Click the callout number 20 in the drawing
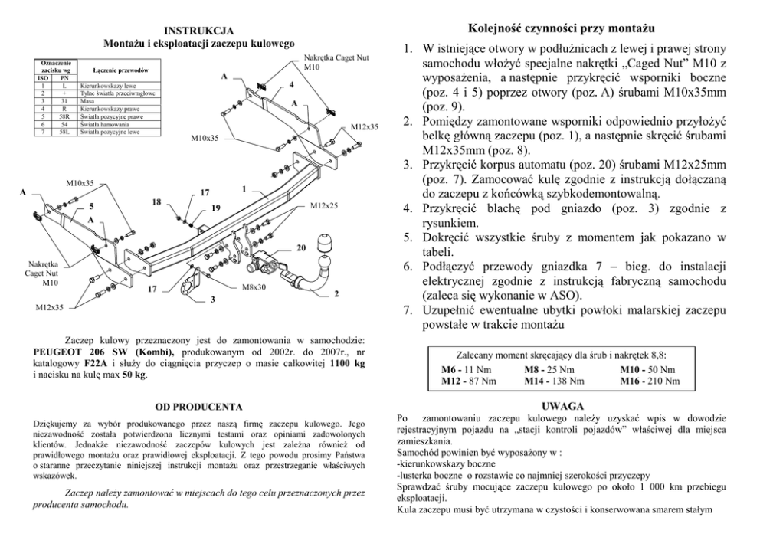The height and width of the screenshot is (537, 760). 301,247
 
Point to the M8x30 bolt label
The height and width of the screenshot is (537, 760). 254,287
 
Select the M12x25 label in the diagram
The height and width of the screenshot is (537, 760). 325,207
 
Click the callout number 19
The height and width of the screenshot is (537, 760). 216,208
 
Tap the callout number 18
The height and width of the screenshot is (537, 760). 156,201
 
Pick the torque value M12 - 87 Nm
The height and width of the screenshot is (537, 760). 469,381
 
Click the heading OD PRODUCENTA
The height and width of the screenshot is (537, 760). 198,406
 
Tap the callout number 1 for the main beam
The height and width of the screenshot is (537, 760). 243,188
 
